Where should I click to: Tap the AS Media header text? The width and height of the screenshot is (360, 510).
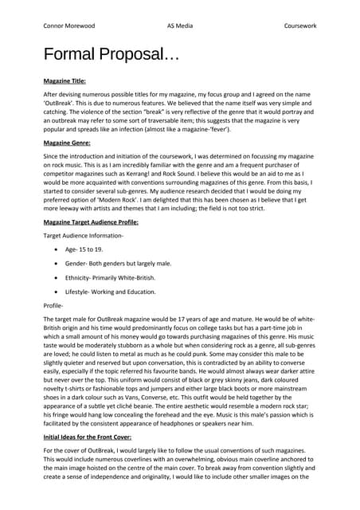pos(181,25)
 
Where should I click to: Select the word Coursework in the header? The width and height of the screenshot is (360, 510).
pos(300,25)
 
